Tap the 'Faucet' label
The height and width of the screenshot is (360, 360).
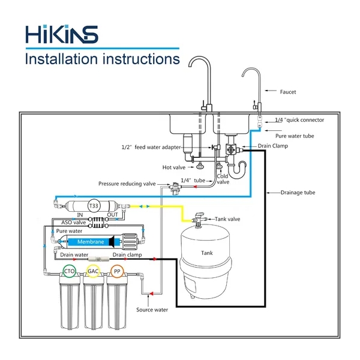288,92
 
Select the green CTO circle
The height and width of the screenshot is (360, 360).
70,272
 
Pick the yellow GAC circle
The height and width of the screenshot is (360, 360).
93,272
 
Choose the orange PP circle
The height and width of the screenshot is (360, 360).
116,272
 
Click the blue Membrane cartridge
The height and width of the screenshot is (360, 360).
90,242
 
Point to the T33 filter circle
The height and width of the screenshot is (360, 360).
94,205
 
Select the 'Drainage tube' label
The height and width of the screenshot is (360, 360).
298,193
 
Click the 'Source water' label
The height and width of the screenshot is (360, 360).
151,310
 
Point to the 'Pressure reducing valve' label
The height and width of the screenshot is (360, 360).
128,183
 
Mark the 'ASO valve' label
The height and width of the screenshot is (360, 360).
71,221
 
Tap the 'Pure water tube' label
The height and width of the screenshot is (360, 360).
290,136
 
